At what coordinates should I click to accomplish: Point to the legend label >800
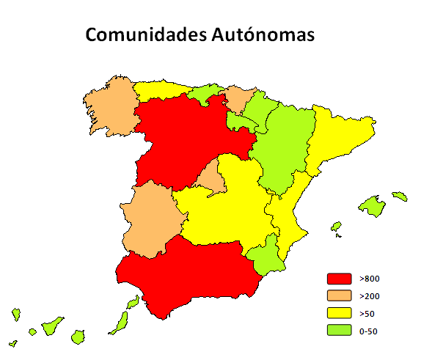click(x=370, y=279)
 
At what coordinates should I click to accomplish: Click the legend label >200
click(x=370, y=296)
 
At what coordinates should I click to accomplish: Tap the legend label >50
click(x=367, y=313)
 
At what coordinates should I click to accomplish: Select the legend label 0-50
click(x=369, y=331)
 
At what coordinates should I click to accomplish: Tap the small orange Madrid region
click(x=208, y=177)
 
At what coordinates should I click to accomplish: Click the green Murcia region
click(x=266, y=254)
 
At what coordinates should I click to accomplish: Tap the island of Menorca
click(x=400, y=196)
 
